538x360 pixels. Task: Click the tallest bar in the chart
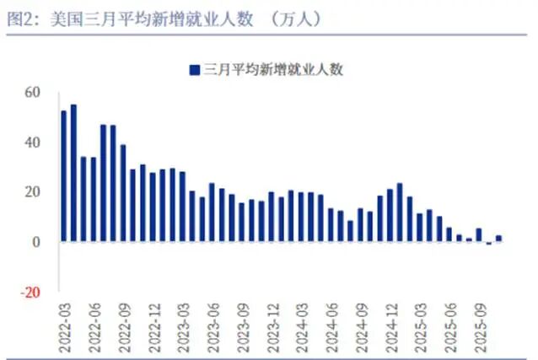tap(73, 173)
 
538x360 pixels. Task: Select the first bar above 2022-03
tap(63, 176)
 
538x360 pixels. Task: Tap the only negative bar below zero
tap(488, 243)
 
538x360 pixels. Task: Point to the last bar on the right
tap(498, 239)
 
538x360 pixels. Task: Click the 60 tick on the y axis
tap(33, 92)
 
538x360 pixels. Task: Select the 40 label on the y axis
tap(33, 142)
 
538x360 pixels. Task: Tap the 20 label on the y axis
tap(33, 192)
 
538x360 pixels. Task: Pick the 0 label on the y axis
tap(37, 242)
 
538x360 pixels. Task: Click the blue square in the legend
tap(195, 70)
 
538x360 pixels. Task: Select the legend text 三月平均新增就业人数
tap(273, 70)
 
